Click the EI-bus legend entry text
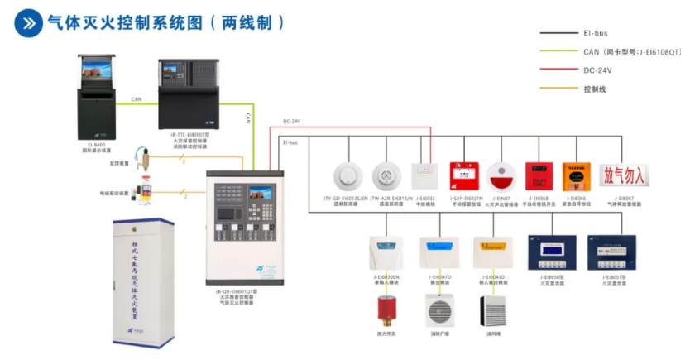pyautogui.click(x=594, y=33)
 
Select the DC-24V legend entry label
pyautogui.click(x=597, y=70)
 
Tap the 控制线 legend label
pyautogui.click(x=596, y=89)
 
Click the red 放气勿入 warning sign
pyautogui.click(x=625, y=175)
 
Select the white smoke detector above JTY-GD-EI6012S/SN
pyautogui.click(x=347, y=175)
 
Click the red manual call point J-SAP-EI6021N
pyautogui.click(x=462, y=176)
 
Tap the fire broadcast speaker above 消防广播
pyautogui.click(x=438, y=312)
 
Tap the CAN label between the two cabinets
pyautogui.click(x=136, y=99)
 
